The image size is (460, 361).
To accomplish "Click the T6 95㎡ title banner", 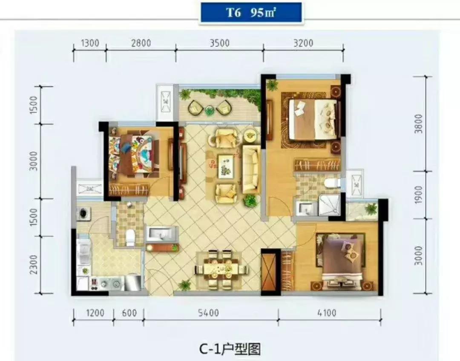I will click(x=250, y=12).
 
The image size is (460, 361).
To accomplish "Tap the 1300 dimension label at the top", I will click(x=89, y=43).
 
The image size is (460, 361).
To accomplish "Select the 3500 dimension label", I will click(x=219, y=43).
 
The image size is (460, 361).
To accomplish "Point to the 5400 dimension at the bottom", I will click(x=208, y=313).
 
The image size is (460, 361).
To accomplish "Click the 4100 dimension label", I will click(x=326, y=313).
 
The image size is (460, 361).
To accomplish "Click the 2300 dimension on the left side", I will click(x=34, y=265).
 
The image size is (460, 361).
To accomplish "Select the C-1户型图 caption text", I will click(x=230, y=349).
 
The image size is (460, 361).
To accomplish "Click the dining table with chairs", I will click(x=221, y=269).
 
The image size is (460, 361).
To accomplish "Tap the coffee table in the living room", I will click(x=225, y=166).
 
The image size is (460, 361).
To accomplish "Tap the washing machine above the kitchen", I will click(x=83, y=213).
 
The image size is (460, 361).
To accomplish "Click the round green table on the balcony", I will click(x=209, y=111).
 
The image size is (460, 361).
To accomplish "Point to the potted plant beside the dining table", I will click(x=185, y=284).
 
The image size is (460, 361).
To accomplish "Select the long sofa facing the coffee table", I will click(x=251, y=169).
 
